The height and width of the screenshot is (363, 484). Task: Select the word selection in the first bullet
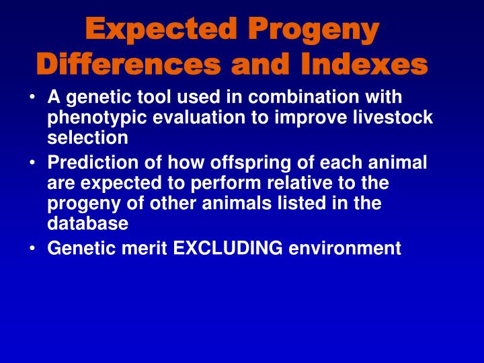tap(87, 138)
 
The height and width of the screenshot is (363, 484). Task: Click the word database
tap(87, 223)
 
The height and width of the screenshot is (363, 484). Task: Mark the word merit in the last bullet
tap(146, 248)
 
